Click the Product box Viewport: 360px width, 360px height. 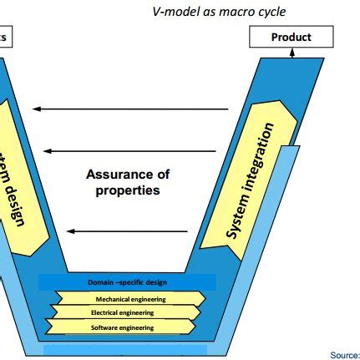(x=292, y=37)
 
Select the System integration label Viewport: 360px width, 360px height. (x=251, y=180)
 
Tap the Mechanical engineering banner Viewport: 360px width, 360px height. (x=130, y=298)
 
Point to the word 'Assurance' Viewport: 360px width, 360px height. (x=128, y=175)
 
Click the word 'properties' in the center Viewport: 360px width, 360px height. (x=128, y=190)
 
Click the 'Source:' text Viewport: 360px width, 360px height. (x=345, y=355)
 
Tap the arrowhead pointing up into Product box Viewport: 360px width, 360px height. (x=292, y=52)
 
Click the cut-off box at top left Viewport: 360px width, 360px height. (x=4, y=37)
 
